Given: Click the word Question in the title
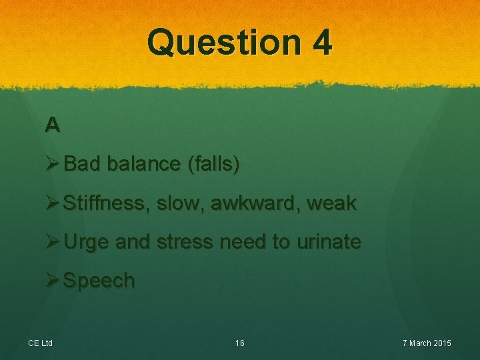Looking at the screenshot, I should pyautogui.click(x=224, y=43).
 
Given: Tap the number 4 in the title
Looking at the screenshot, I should pyautogui.click(x=321, y=43).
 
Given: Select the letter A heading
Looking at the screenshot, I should pyautogui.click(x=53, y=125).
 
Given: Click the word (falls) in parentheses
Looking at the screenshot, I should pyautogui.click(x=213, y=164).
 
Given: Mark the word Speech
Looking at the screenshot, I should pyautogui.click(x=99, y=281).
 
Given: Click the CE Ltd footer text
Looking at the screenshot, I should pyautogui.click(x=40, y=343).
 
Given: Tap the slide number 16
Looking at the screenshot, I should pyautogui.click(x=240, y=343).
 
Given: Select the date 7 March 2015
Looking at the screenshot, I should pyautogui.click(x=427, y=343).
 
